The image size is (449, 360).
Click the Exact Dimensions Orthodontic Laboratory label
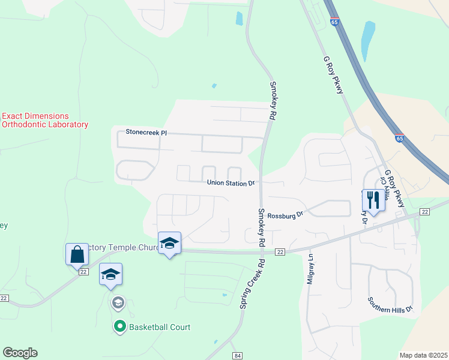tap(45, 120)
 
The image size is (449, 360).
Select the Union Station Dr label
tap(231, 183)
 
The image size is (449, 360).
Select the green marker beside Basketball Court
tap(119, 327)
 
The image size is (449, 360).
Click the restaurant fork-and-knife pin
tap(372, 199)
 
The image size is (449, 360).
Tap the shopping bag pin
tap(77, 254)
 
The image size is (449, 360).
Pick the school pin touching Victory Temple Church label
tap(169, 242)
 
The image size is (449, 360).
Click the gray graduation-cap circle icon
tap(118, 302)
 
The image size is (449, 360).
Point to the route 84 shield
tap(238, 356)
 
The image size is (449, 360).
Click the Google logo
tap(20, 353)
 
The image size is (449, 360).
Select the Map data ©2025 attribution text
tap(423, 355)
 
